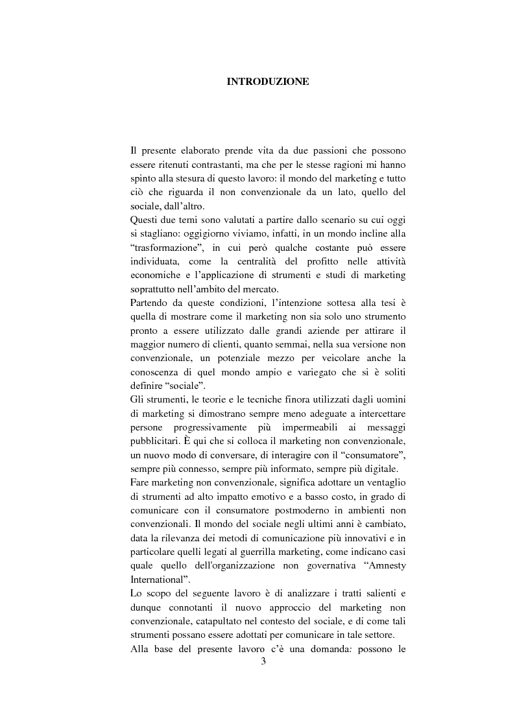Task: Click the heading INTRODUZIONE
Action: [267, 82]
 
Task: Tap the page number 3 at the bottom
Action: [263, 661]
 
